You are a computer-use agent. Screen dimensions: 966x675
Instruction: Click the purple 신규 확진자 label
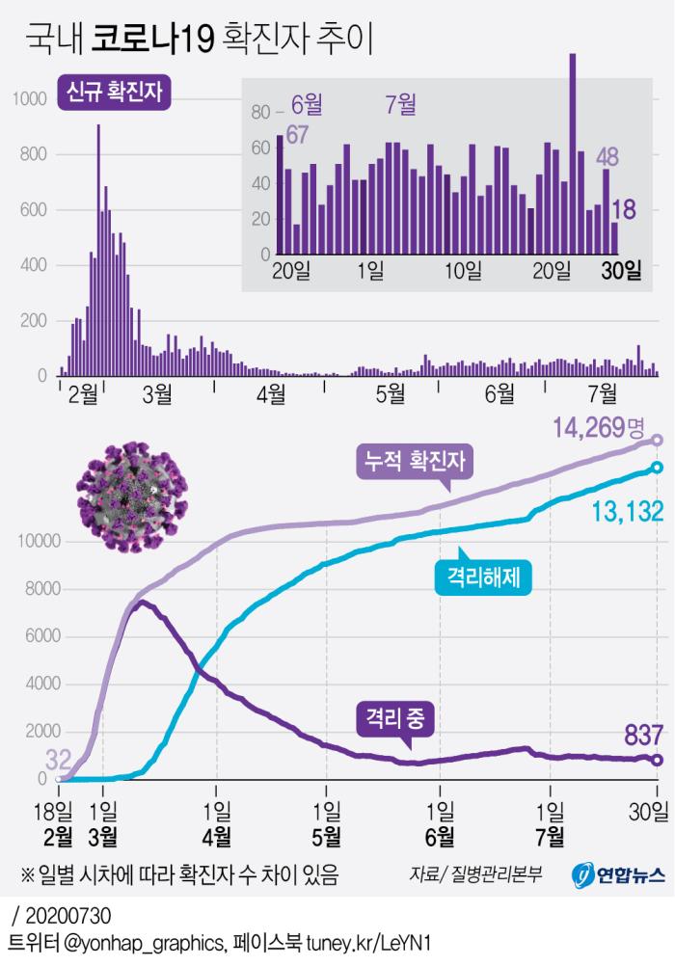(114, 92)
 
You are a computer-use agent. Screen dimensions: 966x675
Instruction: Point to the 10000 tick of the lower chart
(38, 542)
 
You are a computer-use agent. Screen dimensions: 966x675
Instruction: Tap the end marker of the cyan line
(658, 469)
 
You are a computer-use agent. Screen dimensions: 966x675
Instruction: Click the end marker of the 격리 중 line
(658, 760)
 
